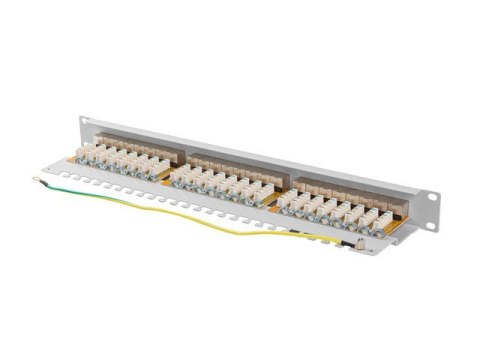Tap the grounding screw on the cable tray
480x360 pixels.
(x=361, y=245)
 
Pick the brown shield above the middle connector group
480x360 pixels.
(x=226, y=161)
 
